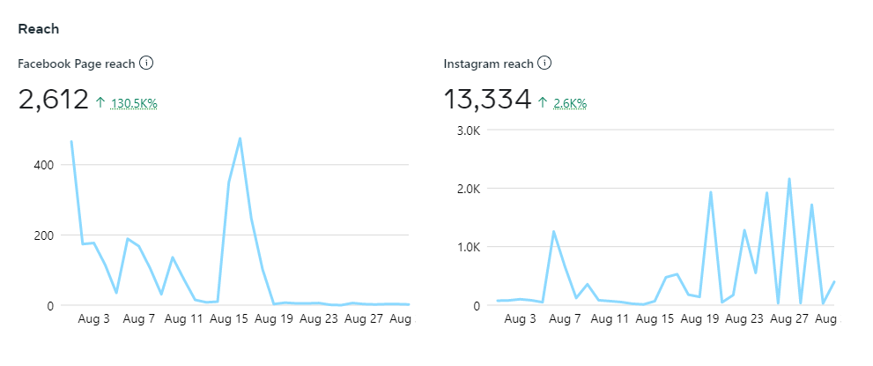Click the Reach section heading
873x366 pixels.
[39, 29]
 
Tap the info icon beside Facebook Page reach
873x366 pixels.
[147, 63]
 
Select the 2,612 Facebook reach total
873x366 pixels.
[53, 100]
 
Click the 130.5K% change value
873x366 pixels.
[134, 103]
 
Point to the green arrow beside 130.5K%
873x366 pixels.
[100, 103]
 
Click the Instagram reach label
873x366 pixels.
[488, 63]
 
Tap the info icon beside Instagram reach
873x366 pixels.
[544, 63]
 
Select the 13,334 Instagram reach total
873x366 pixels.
[487, 100]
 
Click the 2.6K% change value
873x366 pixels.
[570, 103]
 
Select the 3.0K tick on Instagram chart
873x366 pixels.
[465, 131]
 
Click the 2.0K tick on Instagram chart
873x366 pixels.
[465, 189]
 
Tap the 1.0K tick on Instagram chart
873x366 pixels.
[465, 247]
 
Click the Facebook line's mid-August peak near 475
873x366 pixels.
[240, 138]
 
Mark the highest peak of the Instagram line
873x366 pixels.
[789, 179]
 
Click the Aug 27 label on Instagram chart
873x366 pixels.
[788, 318]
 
